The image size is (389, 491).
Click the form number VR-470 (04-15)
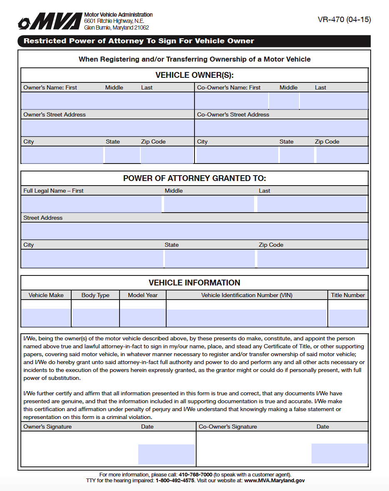point(344,20)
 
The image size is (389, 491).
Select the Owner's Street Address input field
point(107,128)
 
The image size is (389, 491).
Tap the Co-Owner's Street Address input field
point(282,128)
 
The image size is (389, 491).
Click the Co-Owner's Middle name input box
point(284,101)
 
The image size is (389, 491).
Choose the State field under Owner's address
point(122,155)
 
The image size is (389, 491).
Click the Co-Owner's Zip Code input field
point(342,155)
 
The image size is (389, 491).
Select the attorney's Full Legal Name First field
point(91,204)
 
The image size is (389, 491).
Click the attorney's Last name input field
point(312,204)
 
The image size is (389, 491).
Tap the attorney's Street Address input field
point(194,231)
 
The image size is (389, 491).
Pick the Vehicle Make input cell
point(46,317)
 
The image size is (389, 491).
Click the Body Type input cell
point(95,317)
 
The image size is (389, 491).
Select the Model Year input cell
point(143,317)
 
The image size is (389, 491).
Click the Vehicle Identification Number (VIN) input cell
point(247,318)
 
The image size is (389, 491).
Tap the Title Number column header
point(348,295)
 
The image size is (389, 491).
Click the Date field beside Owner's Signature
point(167,454)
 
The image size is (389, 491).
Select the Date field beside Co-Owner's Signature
point(339,454)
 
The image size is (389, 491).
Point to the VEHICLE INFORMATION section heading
point(194,283)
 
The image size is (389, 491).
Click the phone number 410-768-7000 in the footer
point(195,474)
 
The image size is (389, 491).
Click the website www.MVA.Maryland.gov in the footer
point(274,480)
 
